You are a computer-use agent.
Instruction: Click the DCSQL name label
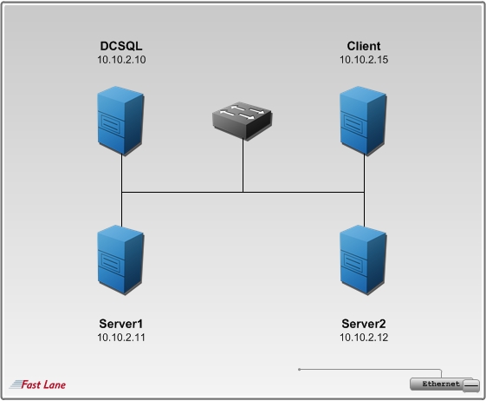click(x=121, y=46)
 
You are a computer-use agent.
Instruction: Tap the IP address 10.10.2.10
click(x=121, y=60)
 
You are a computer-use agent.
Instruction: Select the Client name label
click(x=364, y=46)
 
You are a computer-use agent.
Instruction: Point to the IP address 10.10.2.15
click(x=364, y=60)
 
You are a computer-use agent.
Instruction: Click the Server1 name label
click(x=121, y=324)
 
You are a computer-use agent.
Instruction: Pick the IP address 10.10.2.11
click(x=121, y=338)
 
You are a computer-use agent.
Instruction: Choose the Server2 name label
click(x=364, y=324)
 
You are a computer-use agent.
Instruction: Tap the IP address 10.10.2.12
click(x=364, y=338)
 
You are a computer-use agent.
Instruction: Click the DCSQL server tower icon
click(x=120, y=121)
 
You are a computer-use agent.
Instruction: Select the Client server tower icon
click(x=363, y=121)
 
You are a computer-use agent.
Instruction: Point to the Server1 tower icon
click(x=120, y=260)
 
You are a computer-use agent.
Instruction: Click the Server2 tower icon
click(x=363, y=260)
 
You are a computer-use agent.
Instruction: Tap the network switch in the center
click(x=243, y=121)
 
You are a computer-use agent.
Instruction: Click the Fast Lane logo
click(x=37, y=385)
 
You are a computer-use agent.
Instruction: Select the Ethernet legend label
click(x=441, y=384)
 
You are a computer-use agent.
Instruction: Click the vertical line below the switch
click(x=243, y=165)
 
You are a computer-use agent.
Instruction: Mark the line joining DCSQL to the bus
click(x=121, y=173)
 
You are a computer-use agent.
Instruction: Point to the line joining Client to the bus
click(x=364, y=173)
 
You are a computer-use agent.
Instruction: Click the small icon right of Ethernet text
click(x=471, y=385)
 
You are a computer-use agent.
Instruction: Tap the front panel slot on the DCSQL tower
click(x=111, y=124)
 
